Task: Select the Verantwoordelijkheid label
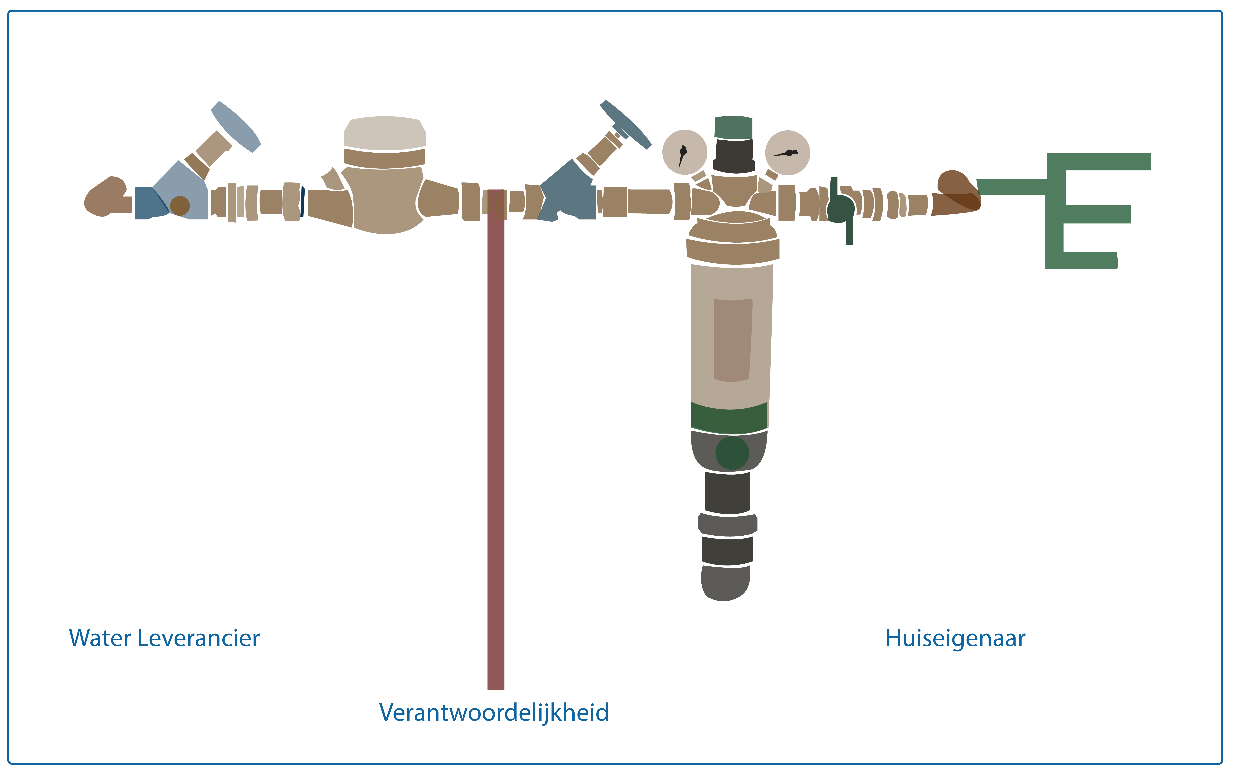click(x=494, y=712)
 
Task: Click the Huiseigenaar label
click(x=955, y=638)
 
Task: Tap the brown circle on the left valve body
click(x=180, y=206)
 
